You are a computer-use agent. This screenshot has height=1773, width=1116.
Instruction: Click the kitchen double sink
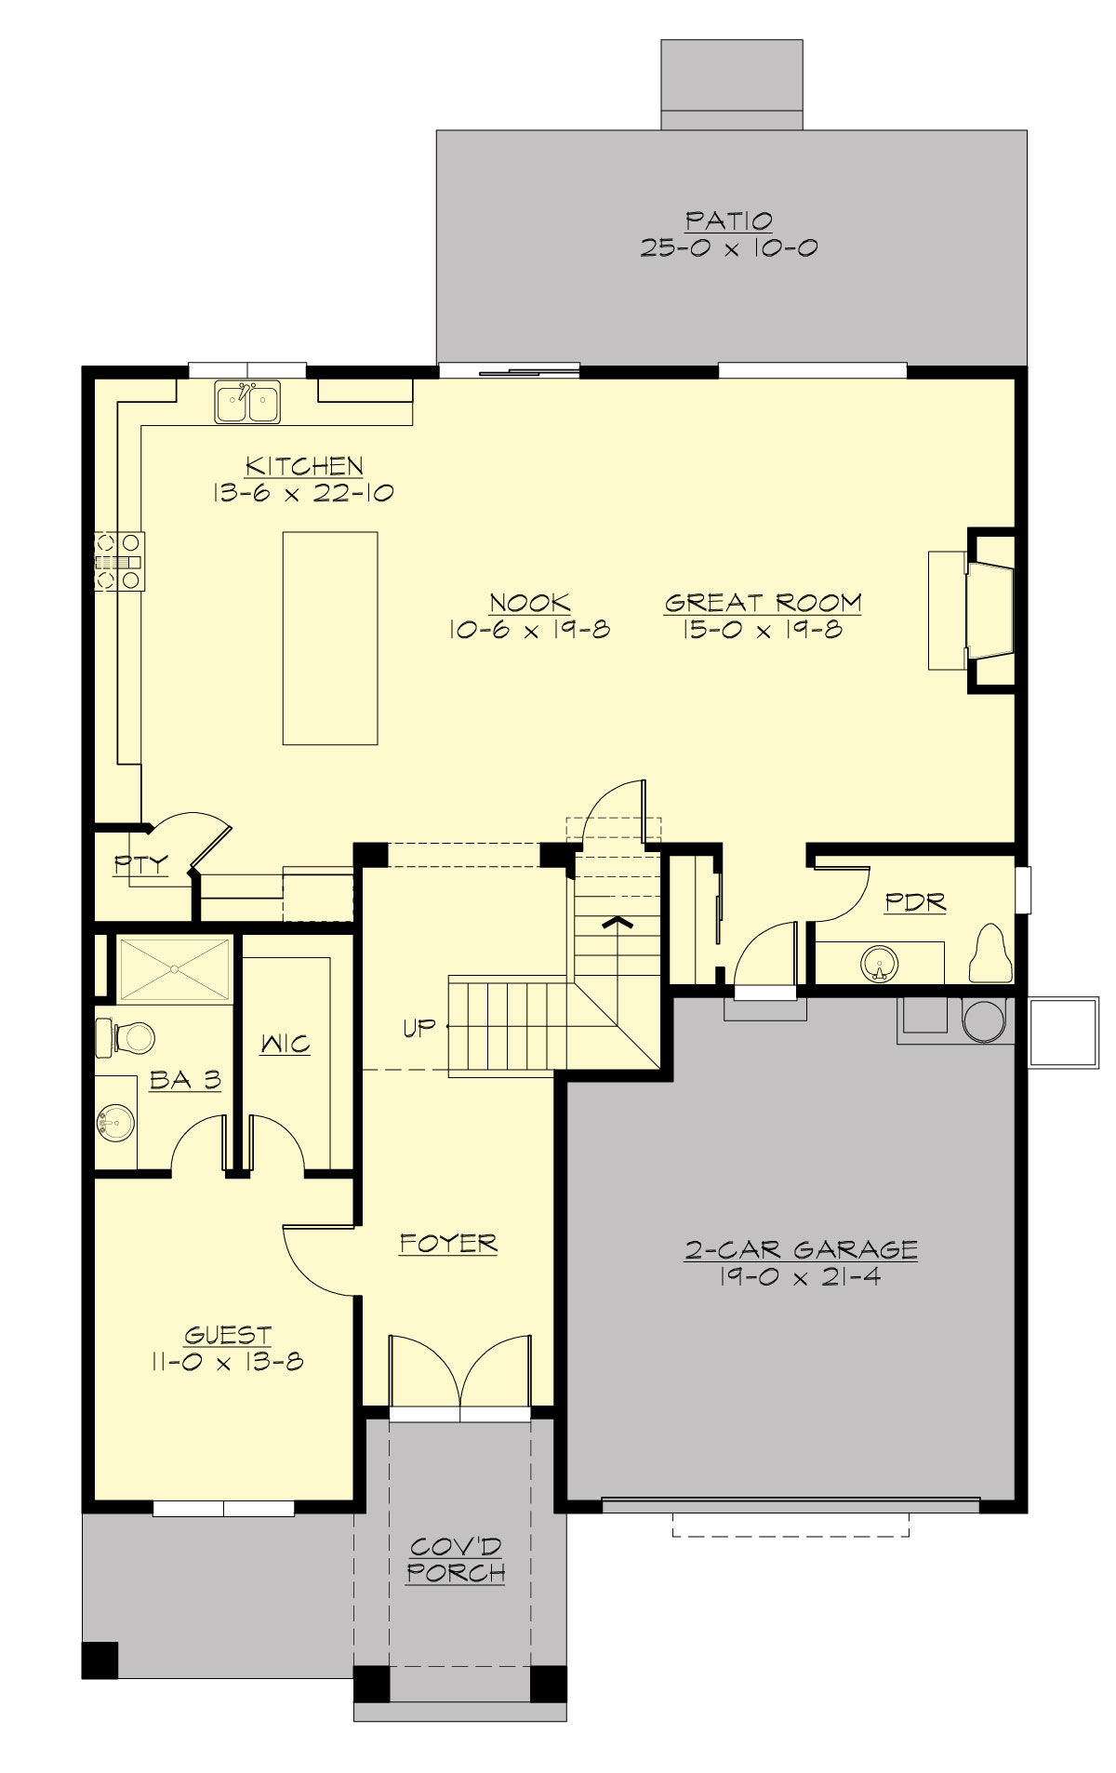coord(247,403)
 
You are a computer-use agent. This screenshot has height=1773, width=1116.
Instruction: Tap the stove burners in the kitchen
coord(119,561)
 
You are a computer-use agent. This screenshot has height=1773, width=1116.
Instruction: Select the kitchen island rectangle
coord(330,638)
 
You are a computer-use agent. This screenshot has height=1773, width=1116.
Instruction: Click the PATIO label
coord(729,221)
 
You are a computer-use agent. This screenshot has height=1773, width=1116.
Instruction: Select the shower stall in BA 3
coord(173,970)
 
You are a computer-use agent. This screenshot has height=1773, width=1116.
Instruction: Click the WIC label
coord(286,1044)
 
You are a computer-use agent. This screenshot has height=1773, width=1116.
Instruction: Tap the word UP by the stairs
coord(419,1028)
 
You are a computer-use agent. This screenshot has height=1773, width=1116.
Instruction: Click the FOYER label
coord(448,1243)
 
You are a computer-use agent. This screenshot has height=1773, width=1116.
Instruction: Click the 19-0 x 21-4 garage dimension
coord(800,1276)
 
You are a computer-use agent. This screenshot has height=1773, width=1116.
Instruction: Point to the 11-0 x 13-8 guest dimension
coord(226,1362)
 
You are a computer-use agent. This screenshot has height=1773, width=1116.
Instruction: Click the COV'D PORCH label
coord(456,1560)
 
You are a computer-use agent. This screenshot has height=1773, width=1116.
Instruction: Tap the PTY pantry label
coord(141,864)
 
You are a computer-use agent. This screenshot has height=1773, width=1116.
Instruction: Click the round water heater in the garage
coord(983,1020)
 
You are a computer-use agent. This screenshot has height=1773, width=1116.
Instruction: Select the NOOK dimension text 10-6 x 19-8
coord(529,630)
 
